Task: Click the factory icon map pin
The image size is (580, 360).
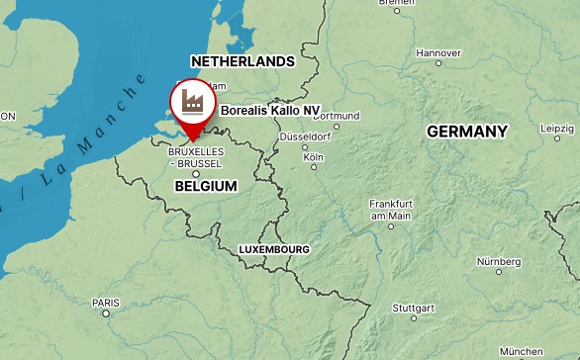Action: click(x=191, y=103)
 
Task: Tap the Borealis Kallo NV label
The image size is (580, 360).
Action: click(x=270, y=111)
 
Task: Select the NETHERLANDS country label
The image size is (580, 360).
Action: click(x=242, y=61)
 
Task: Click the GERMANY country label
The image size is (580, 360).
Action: click(x=467, y=131)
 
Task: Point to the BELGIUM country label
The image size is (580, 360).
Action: click(x=206, y=186)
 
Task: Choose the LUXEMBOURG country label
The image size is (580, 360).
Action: click(x=274, y=250)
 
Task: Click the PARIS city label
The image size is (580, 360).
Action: click(x=105, y=303)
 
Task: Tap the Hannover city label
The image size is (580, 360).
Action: click(x=438, y=52)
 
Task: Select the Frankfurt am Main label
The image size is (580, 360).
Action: click(x=390, y=210)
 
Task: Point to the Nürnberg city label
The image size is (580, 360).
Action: click(x=499, y=261)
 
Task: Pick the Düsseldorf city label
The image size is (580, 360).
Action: click(x=304, y=135)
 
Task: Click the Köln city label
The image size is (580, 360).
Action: click(x=314, y=156)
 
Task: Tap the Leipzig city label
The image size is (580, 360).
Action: click(x=557, y=129)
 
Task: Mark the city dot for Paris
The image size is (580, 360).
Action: click(x=106, y=314)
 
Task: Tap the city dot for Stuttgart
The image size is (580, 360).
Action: click(x=402, y=318)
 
